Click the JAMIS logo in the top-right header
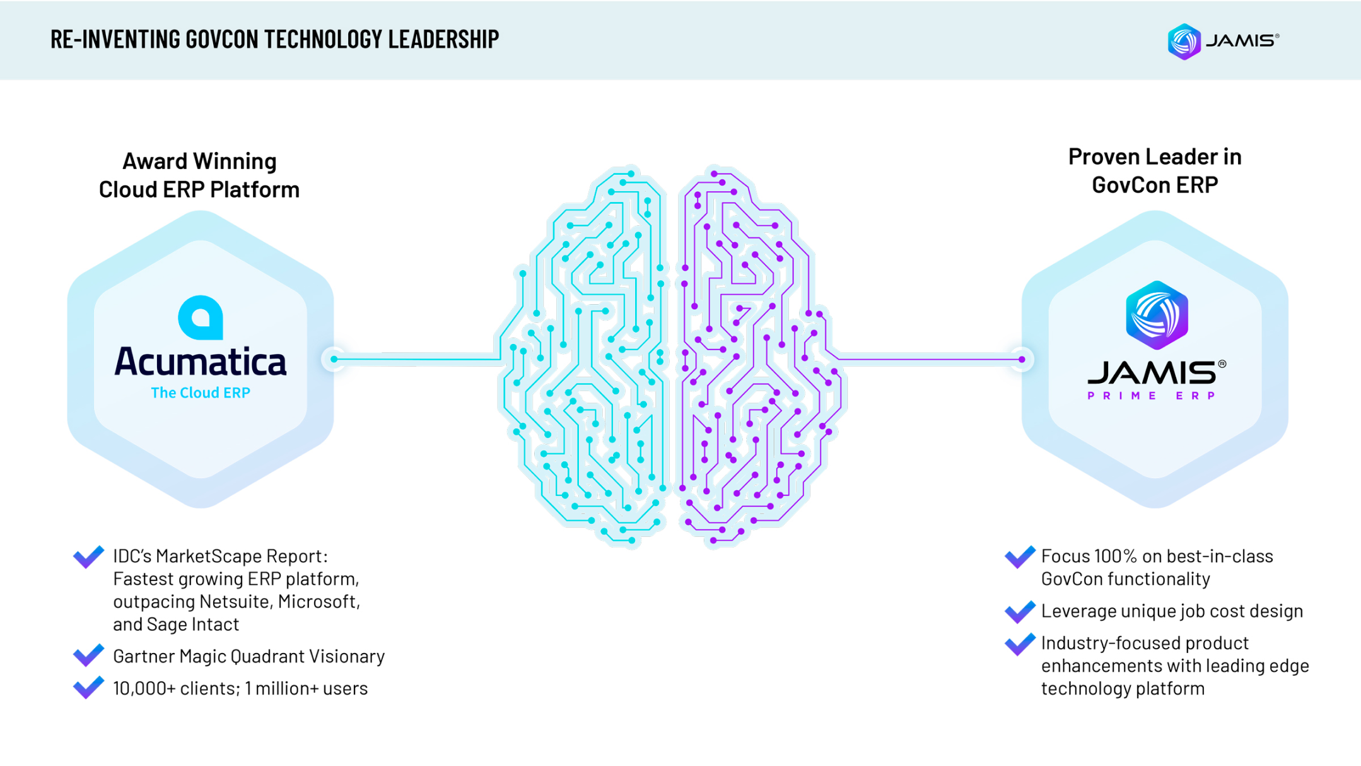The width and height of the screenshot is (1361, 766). [x=1222, y=41]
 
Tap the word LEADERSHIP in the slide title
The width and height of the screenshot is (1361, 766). [x=443, y=39]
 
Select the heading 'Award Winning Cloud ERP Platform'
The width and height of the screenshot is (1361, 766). [x=199, y=175]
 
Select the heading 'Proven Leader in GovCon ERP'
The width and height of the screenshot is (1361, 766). [x=1155, y=170]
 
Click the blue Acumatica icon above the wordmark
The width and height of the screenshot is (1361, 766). [x=201, y=317]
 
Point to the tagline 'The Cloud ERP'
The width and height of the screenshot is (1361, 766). [x=201, y=392]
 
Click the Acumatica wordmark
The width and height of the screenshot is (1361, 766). [x=201, y=362]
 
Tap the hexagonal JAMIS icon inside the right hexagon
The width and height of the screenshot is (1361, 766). [x=1157, y=315]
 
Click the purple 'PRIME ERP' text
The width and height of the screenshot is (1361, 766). [x=1152, y=396]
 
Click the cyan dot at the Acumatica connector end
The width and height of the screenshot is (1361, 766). [x=334, y=360]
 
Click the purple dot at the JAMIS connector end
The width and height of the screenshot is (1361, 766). [x=1022, y=360]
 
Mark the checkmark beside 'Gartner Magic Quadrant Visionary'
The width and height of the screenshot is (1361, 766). [x=88, y=655]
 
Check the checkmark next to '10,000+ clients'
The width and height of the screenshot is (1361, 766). [x=88, y=687]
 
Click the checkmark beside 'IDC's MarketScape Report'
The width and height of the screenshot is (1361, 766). [x=88, y=556]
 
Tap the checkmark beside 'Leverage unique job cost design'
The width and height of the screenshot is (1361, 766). [x=1019, y=611]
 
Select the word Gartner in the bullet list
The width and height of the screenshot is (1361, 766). [x=144, y=656]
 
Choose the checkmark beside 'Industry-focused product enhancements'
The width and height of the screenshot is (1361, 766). [x=1019, y=644]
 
